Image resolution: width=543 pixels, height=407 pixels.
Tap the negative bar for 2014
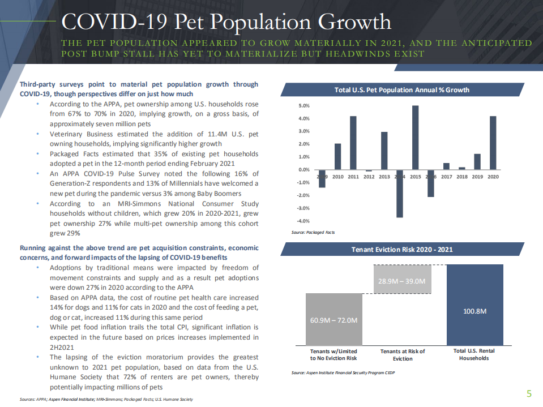pos(400,193)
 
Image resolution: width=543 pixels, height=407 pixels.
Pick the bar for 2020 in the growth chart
pos(493,143)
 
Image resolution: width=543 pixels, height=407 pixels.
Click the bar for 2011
pos(353,143)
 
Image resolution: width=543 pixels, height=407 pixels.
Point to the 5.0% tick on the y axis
pos(303,106)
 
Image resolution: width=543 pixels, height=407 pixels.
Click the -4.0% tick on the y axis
pos(303,221)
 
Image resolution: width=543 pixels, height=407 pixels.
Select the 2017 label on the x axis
pos(447,177)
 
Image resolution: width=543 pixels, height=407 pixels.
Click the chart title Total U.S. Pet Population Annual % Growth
pos(402,90)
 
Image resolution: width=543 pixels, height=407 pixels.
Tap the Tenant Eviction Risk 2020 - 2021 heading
pos(402,249)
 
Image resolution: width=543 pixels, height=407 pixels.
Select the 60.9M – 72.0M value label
pos(334,320)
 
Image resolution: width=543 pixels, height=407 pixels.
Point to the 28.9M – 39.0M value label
pos(402,281)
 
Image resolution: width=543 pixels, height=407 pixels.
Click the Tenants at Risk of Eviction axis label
pos(402,354)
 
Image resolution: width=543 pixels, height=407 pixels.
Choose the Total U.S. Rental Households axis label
pos(474,354)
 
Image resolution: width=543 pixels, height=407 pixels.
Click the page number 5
pos(529,394)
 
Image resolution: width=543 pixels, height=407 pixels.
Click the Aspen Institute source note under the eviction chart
pos(343,373)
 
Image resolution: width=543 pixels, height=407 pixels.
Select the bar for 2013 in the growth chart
pos(384,151)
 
